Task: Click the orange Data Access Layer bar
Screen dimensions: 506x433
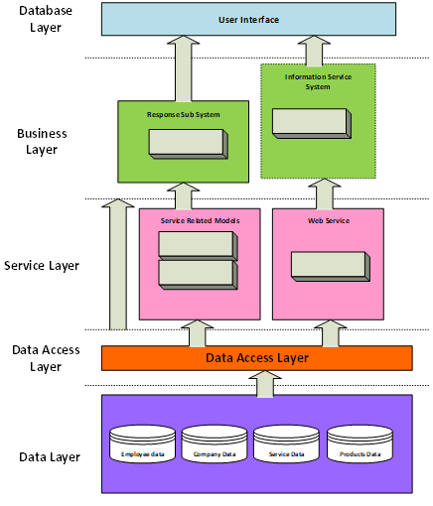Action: point(256,358)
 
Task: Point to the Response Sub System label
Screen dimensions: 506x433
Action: point(183,114)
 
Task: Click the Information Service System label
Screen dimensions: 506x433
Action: point(318,81)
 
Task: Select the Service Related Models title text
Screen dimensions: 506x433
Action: point(199,220)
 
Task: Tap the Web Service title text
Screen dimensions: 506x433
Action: point(328,220)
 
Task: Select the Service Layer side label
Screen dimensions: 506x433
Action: point(42,266)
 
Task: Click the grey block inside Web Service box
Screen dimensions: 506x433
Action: point(330,265)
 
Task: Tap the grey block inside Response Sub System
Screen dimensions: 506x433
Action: point(188,142)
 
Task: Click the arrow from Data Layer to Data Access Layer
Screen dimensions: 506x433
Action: point(266,383)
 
